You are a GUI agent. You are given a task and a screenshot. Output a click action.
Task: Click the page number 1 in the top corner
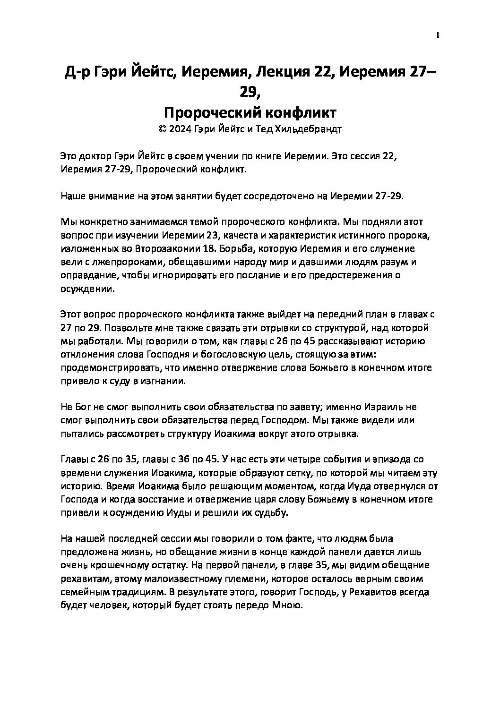tap(438, 35)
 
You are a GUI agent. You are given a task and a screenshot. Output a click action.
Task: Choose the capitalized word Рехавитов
tap(376, 592)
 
